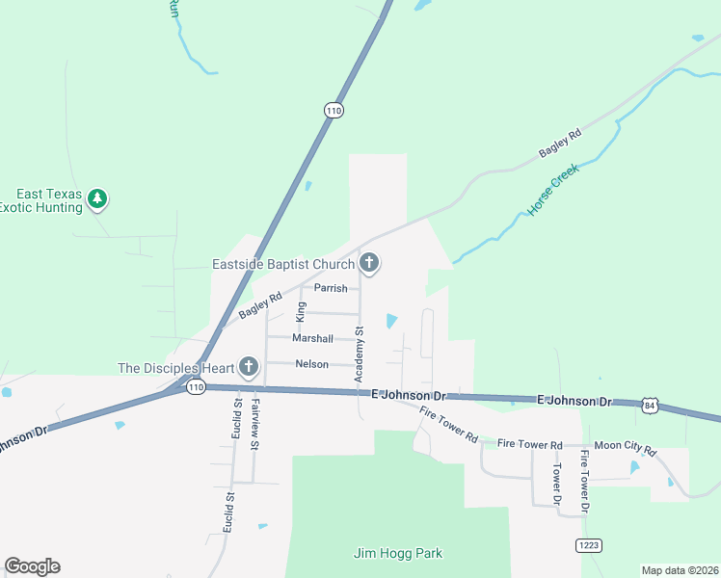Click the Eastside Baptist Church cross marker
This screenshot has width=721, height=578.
368,262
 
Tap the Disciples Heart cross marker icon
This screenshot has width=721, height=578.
249,367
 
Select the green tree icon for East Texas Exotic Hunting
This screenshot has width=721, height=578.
96,198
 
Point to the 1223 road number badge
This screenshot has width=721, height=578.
589,545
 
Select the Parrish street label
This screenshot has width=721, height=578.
331,288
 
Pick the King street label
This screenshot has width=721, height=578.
301,311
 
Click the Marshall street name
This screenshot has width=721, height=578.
312,338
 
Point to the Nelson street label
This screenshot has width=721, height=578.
311,364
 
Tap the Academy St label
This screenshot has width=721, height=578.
359,355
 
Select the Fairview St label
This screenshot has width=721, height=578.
254,425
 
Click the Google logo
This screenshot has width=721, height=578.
32,566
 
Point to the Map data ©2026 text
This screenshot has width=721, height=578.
680,570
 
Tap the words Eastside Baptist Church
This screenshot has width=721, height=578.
282,263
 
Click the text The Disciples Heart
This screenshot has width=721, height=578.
174,368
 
